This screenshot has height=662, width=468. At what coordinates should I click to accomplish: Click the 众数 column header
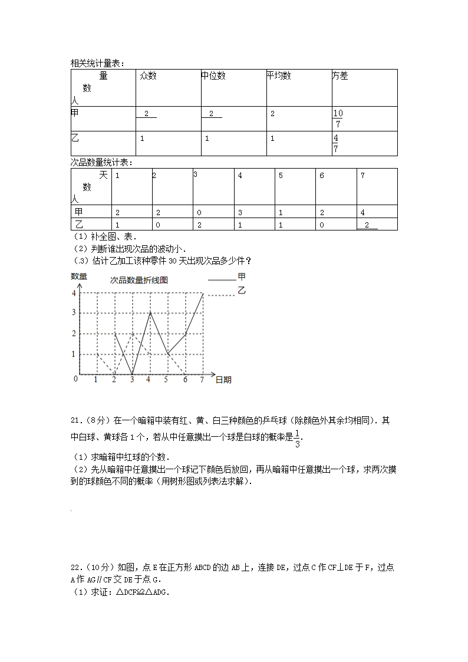tap(148, 76)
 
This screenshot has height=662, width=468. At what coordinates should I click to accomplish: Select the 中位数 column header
tap(213, 76)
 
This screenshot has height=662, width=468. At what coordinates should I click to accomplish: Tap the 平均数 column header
tap(279, 76)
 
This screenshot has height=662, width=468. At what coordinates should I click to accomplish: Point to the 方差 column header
tap(340, 76)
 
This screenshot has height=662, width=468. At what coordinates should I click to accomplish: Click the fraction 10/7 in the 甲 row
tap(337, 118)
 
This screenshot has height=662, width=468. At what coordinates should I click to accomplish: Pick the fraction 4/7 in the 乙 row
tap(335, 143)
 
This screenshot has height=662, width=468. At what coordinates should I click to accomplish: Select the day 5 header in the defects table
tap(281, 176)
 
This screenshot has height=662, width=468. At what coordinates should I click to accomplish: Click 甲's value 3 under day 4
tap(240, 212)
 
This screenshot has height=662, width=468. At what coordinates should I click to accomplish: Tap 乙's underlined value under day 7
tap(367, 225)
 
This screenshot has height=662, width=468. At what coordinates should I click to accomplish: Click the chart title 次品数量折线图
tap(139, 280)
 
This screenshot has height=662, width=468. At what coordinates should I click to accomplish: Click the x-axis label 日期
tap(223, 380)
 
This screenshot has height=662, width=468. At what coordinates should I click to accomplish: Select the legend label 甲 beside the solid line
tap(241, 276)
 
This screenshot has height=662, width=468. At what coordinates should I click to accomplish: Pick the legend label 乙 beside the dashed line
tap(241, 290)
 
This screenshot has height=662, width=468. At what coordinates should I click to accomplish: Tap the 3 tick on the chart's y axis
tap(73, 312)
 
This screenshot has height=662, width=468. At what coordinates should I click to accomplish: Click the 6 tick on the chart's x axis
tap(185, 380)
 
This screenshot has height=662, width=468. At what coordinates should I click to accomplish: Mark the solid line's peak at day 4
tap(150, 313)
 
